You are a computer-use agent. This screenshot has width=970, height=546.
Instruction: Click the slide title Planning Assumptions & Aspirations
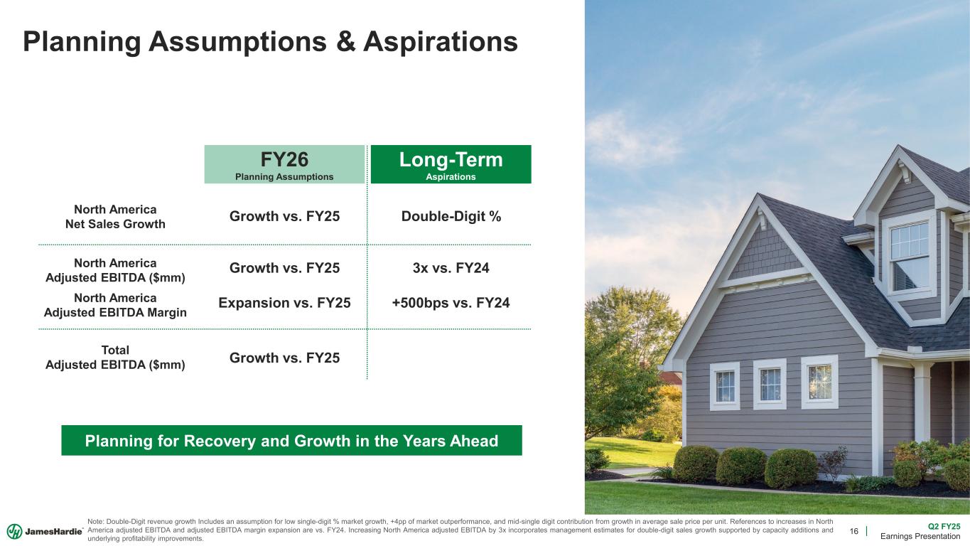[270, 41]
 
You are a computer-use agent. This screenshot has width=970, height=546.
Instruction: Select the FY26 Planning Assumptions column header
[284, 164]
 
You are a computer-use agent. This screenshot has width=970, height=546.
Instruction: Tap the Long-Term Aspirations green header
[451, 164]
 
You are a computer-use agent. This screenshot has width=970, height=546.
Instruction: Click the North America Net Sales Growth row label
[115, 217]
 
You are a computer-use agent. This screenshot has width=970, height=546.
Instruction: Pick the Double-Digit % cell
[451, 217]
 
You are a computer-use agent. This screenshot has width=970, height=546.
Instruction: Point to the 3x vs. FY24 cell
[451, 269]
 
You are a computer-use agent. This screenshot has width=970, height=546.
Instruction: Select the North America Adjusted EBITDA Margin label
[115, 304]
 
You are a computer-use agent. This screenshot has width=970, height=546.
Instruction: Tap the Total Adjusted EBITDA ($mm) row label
[115, 357]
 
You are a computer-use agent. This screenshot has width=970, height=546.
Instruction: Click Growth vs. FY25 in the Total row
[284, 357]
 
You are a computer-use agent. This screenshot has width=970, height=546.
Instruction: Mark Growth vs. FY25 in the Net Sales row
[284, 217]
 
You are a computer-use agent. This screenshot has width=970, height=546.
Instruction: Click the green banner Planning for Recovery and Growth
[291, 441]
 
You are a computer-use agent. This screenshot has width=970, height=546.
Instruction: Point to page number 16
[854, 531]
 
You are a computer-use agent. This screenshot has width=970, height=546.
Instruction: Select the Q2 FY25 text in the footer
[944, 526]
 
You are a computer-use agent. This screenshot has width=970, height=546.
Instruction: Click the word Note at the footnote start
[96, 522]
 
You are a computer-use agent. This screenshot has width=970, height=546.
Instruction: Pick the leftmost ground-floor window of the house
[725, 386]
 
